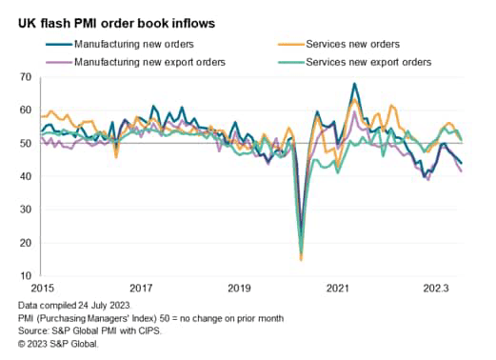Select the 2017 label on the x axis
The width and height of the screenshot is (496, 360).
tap(141, 287)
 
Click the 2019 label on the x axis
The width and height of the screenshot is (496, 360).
tap(239, 287)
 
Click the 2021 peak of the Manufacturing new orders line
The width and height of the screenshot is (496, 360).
tap(354, 84)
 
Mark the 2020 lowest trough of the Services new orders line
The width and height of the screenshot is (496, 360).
tap(301, 259)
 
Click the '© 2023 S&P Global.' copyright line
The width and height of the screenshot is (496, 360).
tap(64, 343)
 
